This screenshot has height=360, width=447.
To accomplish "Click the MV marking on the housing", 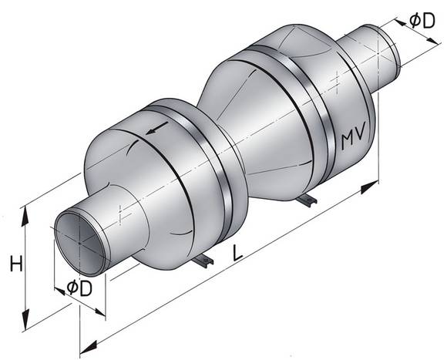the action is (x=353, y=138).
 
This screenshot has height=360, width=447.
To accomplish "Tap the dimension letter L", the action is (x=237, y=253).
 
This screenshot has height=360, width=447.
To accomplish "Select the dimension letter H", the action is (x=16, y=264).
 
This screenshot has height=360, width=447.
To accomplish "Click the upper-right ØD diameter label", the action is (x=422, y=21).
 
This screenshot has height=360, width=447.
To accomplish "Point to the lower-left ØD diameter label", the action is (x=79, y=288).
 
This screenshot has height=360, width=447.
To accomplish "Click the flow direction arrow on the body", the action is (x=156, y=127).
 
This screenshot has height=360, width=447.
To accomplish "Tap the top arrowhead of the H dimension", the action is (x=25, y=216).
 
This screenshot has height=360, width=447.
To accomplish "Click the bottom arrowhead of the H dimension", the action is (x=25, y=320).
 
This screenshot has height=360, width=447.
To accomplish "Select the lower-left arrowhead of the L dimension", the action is (x=89, y=347).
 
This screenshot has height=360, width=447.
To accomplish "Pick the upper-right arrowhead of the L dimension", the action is (x=369, y=187).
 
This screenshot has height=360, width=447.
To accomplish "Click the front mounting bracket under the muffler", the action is (x=203, y=261).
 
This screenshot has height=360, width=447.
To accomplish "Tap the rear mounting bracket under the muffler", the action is (x=307, y=200).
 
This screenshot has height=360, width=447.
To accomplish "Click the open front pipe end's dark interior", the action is (x=80, y=244).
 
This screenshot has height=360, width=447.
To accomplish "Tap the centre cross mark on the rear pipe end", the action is (x=378, y=53).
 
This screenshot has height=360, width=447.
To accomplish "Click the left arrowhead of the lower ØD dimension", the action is (x=59, y=291).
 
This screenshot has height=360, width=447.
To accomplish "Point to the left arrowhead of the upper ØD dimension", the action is (x=400, y=22).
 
